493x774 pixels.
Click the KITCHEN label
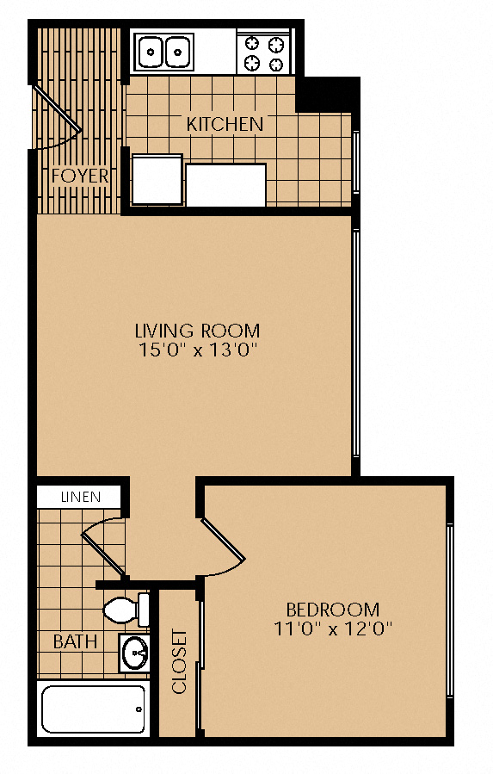225,124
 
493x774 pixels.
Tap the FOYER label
80,176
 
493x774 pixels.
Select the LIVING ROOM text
197,331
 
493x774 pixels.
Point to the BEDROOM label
333,610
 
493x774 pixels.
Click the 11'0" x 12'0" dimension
333,629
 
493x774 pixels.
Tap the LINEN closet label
80,497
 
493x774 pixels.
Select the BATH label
75,641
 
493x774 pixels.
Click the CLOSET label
179,661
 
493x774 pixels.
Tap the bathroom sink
134,653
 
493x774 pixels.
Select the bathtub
93,709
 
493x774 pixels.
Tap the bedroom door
223,546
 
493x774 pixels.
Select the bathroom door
103,547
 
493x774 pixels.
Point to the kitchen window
356,163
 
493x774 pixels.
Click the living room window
356,344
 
